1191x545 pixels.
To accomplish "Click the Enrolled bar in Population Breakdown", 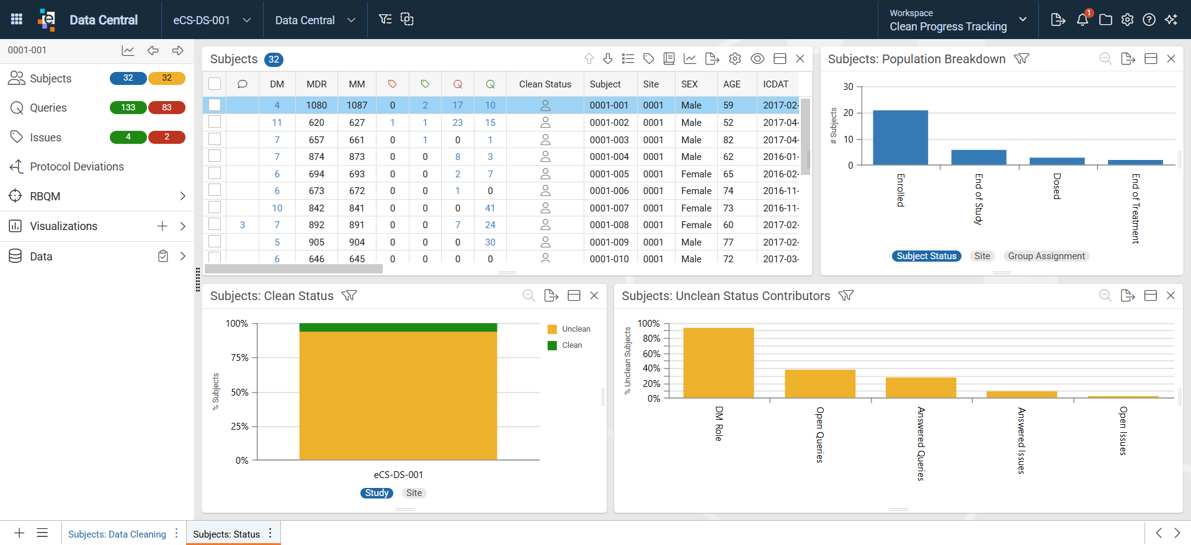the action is coord(900,138).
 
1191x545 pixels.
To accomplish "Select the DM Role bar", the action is coord(718,363).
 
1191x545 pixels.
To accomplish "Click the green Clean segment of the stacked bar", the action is coord(398,327).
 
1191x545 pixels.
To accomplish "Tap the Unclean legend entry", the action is coord(569,329).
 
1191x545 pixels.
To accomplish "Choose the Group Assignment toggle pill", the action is coord(1046,256).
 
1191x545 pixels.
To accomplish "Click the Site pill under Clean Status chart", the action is coord(414,493).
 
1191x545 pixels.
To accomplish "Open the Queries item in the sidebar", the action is coord(48,108).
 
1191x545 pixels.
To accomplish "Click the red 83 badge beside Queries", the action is coord(167,108).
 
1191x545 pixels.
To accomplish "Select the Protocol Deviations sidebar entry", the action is coord(77,167).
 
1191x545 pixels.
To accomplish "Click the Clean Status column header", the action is coord(545,84).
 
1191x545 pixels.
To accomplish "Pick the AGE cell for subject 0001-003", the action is coord(728,140).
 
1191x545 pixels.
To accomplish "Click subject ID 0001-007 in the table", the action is coord(609,208).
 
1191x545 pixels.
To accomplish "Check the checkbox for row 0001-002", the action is coord(215,122).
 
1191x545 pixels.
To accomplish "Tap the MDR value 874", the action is coord(316,157).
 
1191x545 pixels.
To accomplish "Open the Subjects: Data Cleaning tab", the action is coord(117,534).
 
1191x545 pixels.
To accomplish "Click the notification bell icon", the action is coord(1082,19).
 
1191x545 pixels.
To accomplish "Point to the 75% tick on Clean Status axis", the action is coord(254,358).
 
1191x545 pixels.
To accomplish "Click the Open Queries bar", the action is coord(820,384).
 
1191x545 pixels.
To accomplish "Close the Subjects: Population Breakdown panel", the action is coord(1171,59).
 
